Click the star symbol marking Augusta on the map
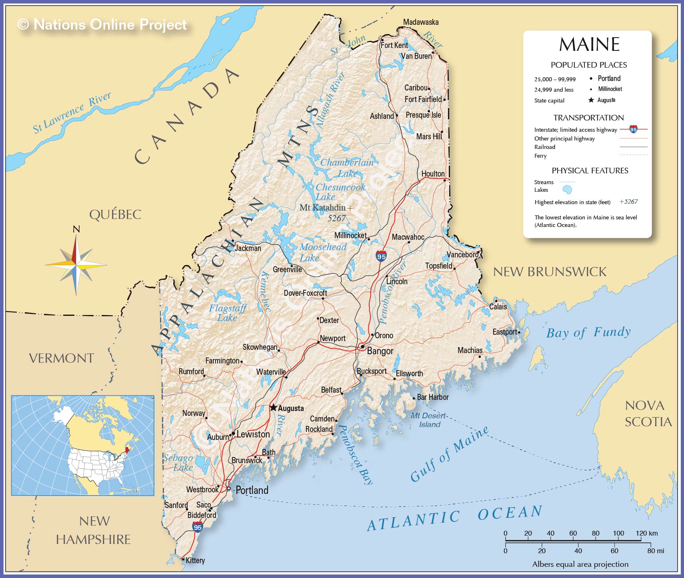[x=273, y=407]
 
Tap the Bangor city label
[x=380, y=351]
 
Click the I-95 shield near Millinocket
[x=381, y=256]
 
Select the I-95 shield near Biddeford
[x=198, y=527]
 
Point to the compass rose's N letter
[x=76, y=229]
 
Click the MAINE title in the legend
[x=589, y=44]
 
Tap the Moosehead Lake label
[x=322, y=252]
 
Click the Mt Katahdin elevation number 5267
[x=336, y=218]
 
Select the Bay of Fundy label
[x=588, y=332]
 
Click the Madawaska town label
[x=420, y=22]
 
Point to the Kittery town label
[x=195, y=560]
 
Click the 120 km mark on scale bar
[x=646, y=533]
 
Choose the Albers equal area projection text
[x=580, y=564]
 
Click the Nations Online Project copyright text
[x=102, y=24]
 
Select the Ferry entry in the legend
[x=540, y=156]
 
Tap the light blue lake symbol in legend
[x=567, y=189]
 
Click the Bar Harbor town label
[x=432, y=397]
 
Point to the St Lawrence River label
[x=72, y=113]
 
